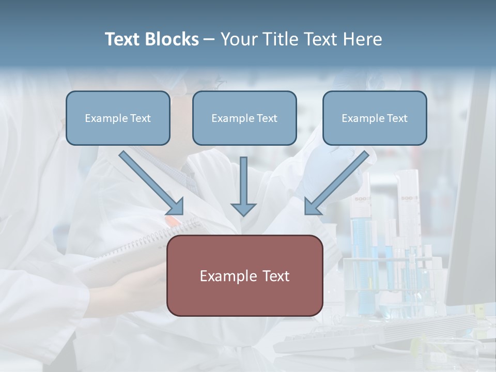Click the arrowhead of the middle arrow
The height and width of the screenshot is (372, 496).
(x=243, y=209)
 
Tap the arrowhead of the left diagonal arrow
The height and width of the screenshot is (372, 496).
(x=176, y=207)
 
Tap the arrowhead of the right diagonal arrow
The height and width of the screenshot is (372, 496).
(x=312, y=207)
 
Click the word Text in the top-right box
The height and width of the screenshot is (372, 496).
(x=397, y=118)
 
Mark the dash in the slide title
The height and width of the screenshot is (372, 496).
(x=209, y=39)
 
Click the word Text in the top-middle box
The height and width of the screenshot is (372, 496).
(x=267, y=118)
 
